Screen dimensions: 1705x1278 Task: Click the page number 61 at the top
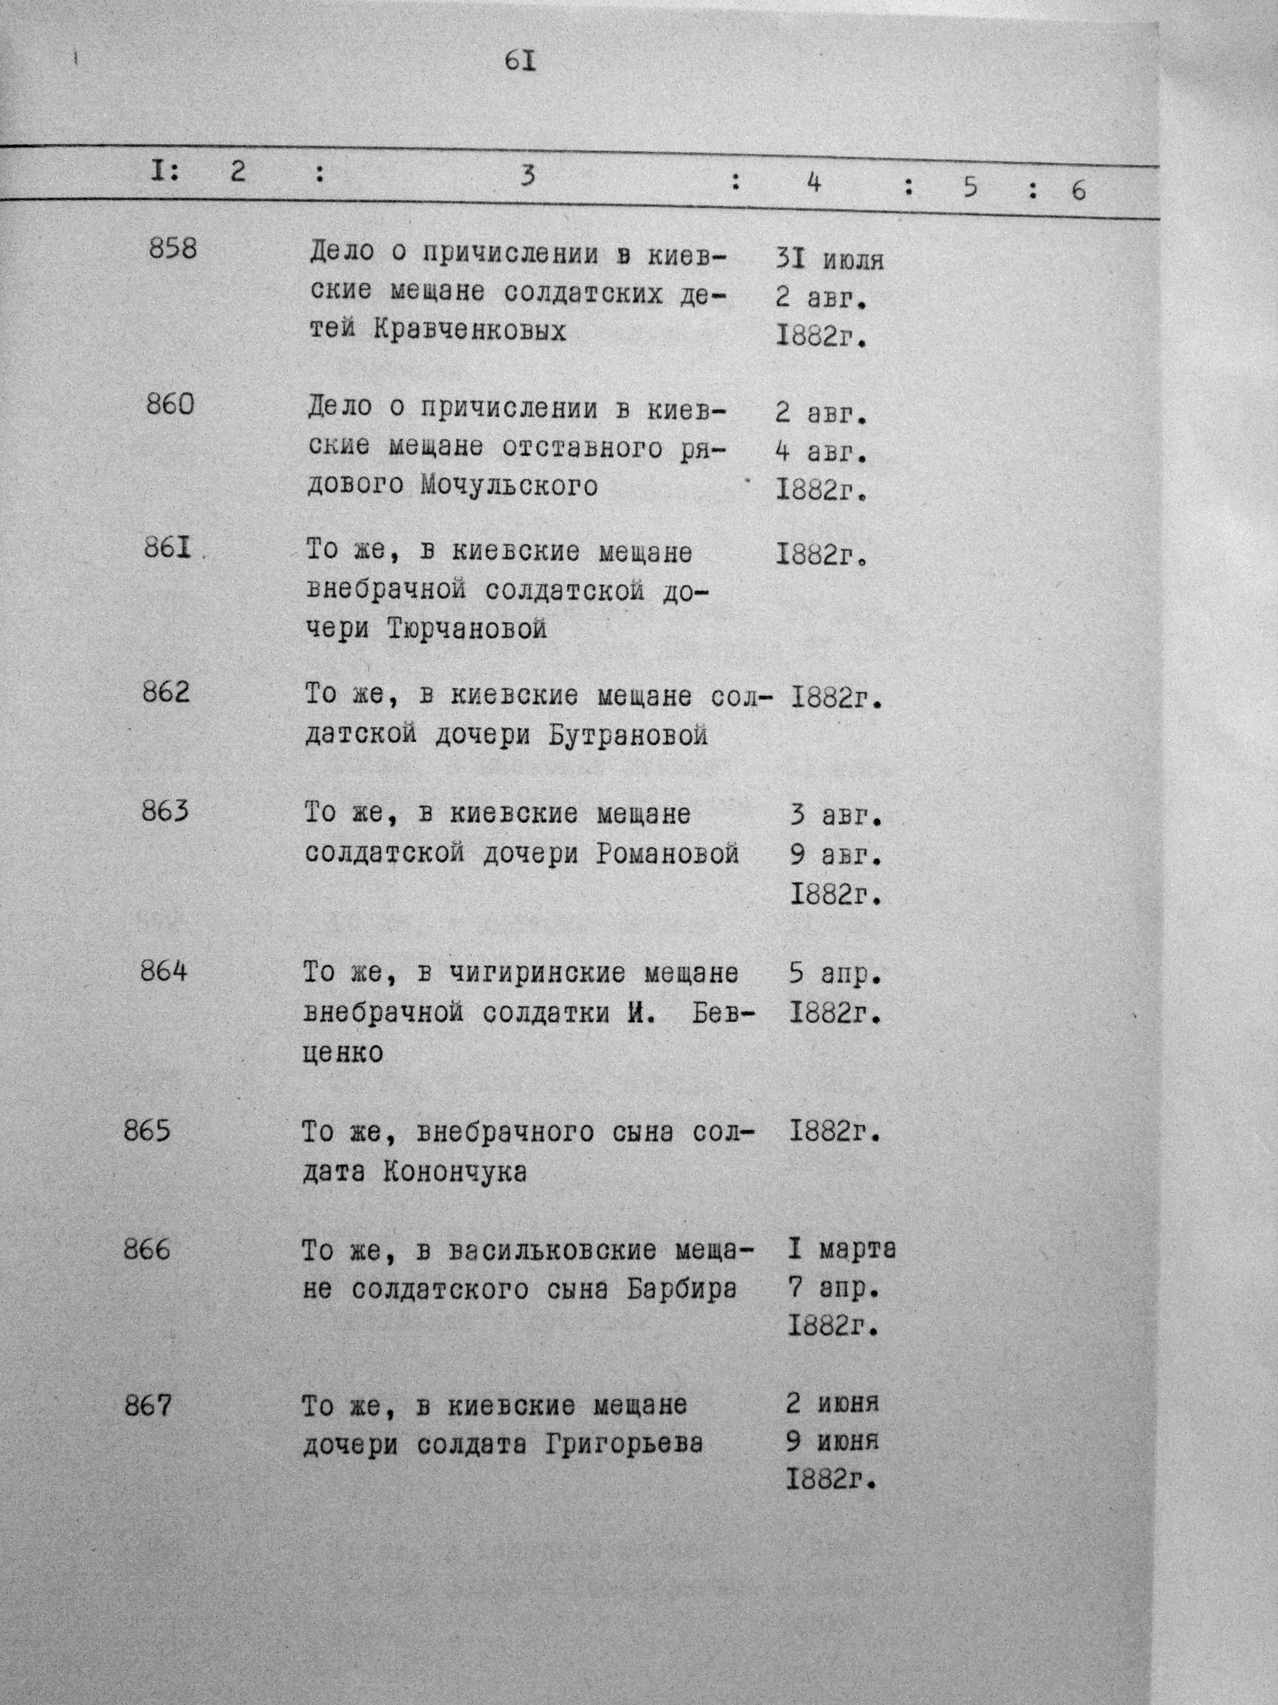point(521,61)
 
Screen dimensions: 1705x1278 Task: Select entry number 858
point(172,249)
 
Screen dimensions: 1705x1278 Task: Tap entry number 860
point(170,404)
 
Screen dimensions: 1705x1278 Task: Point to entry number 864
point(163,970)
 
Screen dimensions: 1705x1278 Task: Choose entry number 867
point(148,1406)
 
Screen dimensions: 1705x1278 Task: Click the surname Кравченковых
point(470,331)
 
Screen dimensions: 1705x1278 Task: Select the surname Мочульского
point(509,485)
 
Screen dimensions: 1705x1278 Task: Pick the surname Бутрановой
point(628,736)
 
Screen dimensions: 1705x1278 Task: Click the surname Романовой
point(667,854)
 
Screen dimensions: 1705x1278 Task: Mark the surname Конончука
point(454,1172)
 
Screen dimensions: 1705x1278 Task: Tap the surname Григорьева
point(624,1444)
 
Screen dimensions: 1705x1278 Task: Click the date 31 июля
point(829,259)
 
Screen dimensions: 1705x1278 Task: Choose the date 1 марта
point(841,1248)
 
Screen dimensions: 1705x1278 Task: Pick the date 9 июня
point(832,1441)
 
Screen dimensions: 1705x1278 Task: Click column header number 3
point(527,176)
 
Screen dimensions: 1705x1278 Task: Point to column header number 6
point(1079,189)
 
